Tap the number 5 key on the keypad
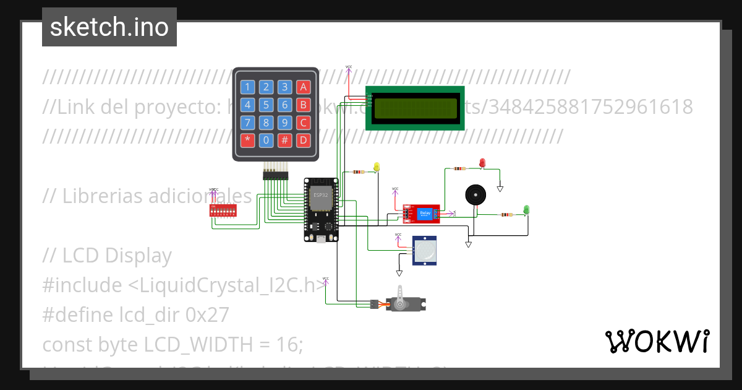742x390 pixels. pos(266,105)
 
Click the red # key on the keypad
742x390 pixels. pos(284,140)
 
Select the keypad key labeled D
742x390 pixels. pos(303,140)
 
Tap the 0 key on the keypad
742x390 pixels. pos(266,140)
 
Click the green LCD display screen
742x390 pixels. pos(415,108)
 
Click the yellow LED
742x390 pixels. pos(377,167)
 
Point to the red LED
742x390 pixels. pos(483,162)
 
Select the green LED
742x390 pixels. pos(526,210)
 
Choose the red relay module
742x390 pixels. pos(422,214)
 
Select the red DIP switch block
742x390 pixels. pos(223,211)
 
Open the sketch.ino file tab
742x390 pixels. pos(109,27)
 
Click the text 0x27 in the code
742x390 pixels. pos(207,315)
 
